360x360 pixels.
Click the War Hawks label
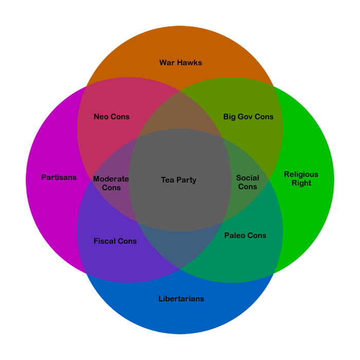pyautogui.click(x=181, y=63)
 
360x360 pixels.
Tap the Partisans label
pyautogui.click(x=59, y=177)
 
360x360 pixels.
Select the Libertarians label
pyautogui.click(x=181, y=299)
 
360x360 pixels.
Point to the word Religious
pyautogui.click(x=301, y=174)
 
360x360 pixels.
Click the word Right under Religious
pyautogui.click(x=301, y=183)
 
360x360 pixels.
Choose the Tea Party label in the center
pyautogui.click(x=178, y=180)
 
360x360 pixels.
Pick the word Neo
pyautogui.click(x=101, y=117)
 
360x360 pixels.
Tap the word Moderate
pyautogui.click(x=111, y=179)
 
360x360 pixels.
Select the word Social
pyautogui.click(x=247, y=178)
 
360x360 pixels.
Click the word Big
pyautogui.click(x=229, y=117)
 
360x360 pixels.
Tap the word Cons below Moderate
pyautogui.click(x=112, y=188)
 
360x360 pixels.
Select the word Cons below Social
pyautogui.click(x=247, y=187)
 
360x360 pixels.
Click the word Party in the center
pyautogui.click(x=186, y=180)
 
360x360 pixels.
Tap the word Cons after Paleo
pyautogui.click(x=257, y=236)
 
